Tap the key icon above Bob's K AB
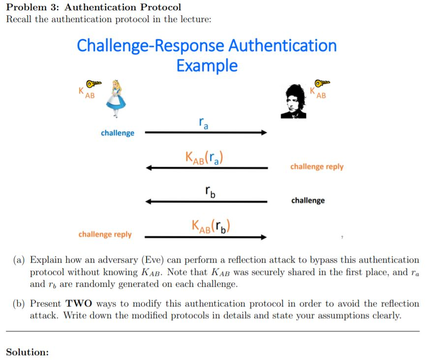pos(322,82)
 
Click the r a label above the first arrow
pos(203,123)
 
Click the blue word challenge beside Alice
pos(117,133)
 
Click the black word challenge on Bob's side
pos(308,201)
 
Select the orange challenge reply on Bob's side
pos(317,167)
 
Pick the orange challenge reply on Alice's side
pos(105,234)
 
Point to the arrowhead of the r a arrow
pos(264,132)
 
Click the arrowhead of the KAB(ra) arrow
pos(150,168)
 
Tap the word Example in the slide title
pos(207,65)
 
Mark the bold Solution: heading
pos(27,352)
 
